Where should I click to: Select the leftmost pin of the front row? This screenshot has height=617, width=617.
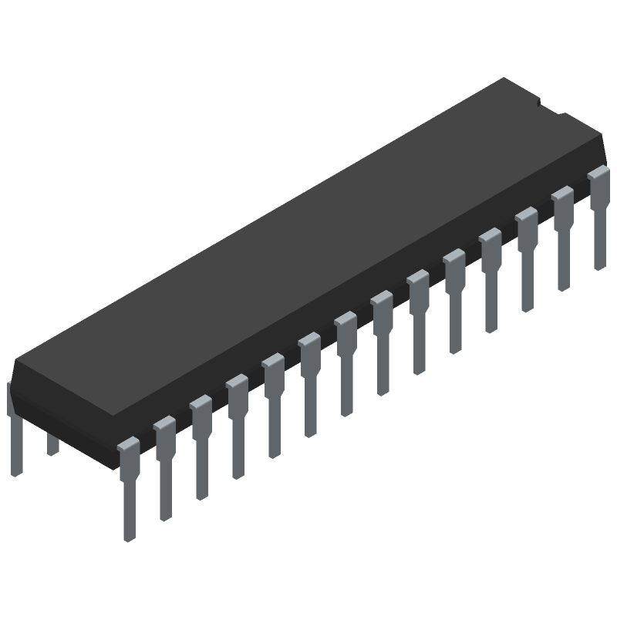click(x=129, y=486)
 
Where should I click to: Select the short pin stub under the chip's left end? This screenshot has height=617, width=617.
click(x=52, y=443)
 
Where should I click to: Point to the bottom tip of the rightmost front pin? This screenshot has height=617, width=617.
click(x=599, y=267)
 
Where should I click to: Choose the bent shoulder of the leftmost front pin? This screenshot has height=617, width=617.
click(x=128, y=446)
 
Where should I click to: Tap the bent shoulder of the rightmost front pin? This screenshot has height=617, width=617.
click(x=598, y=174)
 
